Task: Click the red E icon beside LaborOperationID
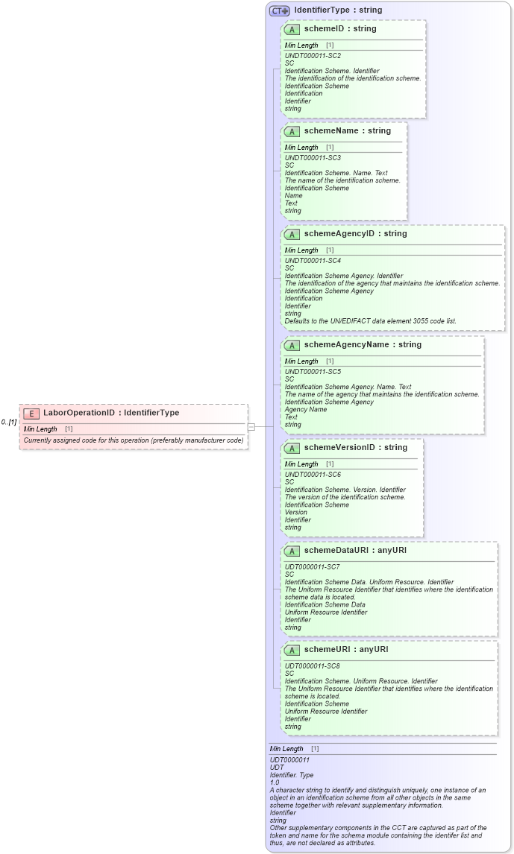(31, 414)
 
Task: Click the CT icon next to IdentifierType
(280, 11)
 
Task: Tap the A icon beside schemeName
(292, 131)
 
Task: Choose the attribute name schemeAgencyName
(347, 344)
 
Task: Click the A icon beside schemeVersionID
(292, 448)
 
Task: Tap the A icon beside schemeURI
(292, 650)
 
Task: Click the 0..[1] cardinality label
(9, 423)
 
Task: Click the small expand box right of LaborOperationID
(251, 427)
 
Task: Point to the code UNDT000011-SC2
(313, 56)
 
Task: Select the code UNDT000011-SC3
(313, 158)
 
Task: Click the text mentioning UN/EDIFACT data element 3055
(370, 321)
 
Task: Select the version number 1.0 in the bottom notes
(275, 782)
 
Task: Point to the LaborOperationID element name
(79, 413)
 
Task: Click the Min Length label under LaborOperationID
(40, 429)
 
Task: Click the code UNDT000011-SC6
(313, 474)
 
